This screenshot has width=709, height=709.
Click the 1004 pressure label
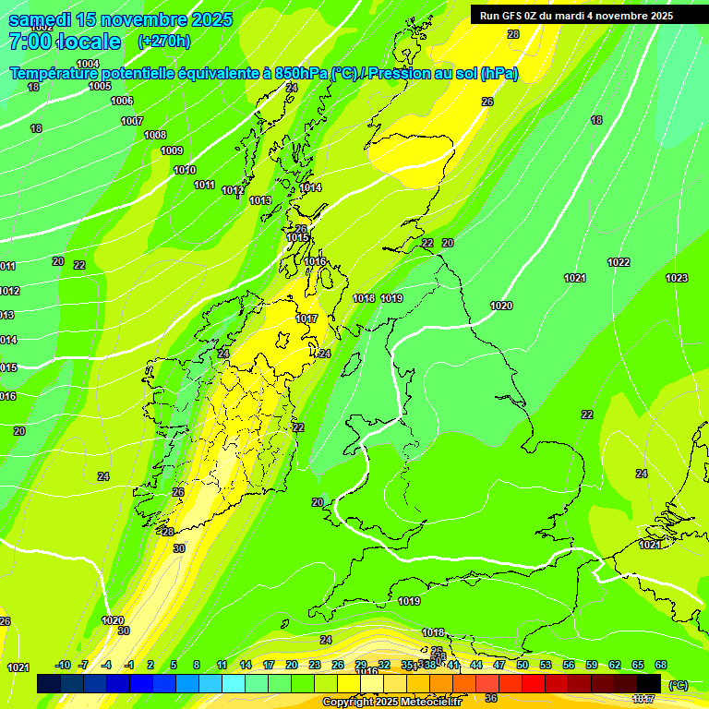pyautogui.click(x=88, y=64)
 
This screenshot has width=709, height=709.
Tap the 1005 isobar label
pyautogui.click(x=100, y=86)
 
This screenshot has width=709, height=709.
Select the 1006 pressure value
pyautogui.click(x=122, y=101)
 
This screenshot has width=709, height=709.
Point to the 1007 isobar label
pyautogui.click(x=132, y=121)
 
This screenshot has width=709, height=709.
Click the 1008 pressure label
pyautogui.click(x=155, y=136)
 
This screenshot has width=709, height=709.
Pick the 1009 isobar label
pyautogui.click(x=172, y=150)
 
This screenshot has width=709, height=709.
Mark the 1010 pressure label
pyautogui.click(x=185, y=170)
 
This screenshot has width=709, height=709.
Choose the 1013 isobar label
pyautogui.click(x=260, y=200)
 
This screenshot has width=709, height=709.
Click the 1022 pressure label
pyautogui.click(x=619, y=262)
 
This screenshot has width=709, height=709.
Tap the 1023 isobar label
pyautogui.click(x=677, y=278)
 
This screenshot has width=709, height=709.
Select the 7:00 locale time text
pyautogui.click(x=65, y=42)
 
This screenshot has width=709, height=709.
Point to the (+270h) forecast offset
pyautogui.click(x=163, y=41)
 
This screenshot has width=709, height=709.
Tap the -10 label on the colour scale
pyautogui.click(x=64, y=665)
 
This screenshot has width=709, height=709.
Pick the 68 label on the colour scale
pyautogui.click(x=661, y=665)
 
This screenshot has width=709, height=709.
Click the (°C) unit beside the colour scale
pyautogui.click(x=678, y=685)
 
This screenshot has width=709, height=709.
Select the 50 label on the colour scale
pyautogui.click(x=523, y=665)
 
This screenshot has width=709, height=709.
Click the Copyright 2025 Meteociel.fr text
pyautogui.click(x=391, y=703)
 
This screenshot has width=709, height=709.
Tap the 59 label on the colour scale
pyautogui.click(x=592, y=665)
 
